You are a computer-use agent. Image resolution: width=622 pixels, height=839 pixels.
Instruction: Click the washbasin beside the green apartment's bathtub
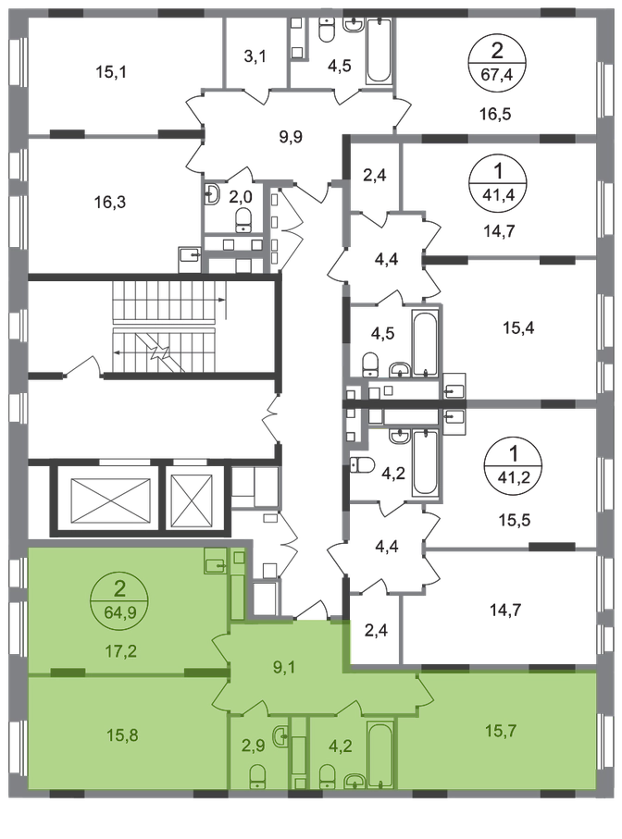353,781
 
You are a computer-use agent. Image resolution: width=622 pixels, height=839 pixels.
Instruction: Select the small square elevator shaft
192,500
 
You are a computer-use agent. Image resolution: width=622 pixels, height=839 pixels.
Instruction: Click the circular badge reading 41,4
497,180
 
